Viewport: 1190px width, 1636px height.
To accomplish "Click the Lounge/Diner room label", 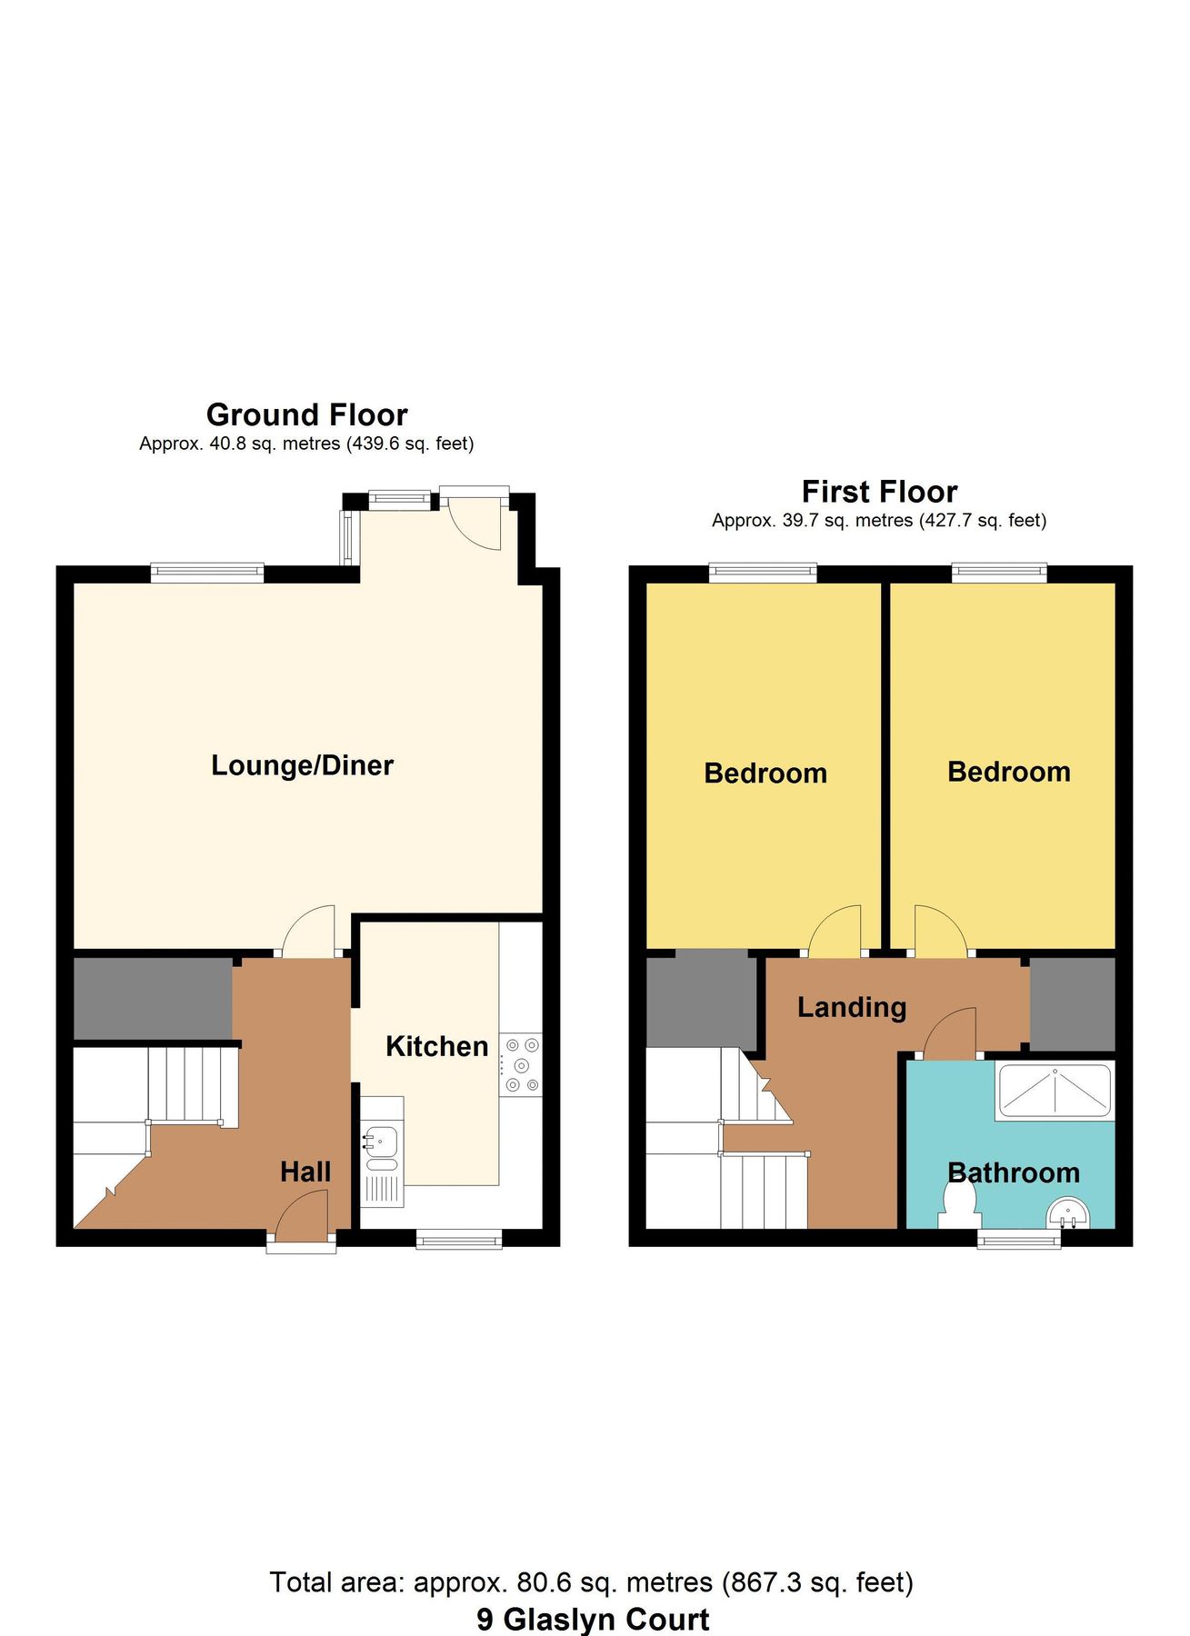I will [302, 765].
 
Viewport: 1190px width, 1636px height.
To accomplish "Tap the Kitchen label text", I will [436, 1046].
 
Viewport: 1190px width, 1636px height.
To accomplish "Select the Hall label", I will [305, 1172].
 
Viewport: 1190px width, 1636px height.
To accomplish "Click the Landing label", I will [852, 1007].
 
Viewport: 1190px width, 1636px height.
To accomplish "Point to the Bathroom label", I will [1014, 1172].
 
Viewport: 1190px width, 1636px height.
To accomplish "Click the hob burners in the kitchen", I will [521, 1065].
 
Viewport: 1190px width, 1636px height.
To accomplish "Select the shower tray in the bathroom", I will [1055, 1091].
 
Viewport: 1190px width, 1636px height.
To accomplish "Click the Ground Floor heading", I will [306, 414].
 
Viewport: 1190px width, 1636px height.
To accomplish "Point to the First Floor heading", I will [879, 492].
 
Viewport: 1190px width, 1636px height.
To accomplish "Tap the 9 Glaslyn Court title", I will [593, 1619].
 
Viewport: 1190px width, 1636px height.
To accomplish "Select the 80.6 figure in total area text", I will [544, 1582].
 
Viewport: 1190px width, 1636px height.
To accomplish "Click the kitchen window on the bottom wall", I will [459, 1239].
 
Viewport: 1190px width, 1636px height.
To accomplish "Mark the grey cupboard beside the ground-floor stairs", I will [152, 997].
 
